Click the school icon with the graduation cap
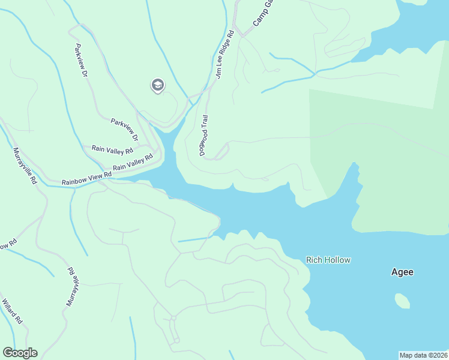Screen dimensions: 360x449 point(157,86)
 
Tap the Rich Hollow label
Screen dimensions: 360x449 point(328,260)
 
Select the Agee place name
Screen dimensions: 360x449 point(402,272)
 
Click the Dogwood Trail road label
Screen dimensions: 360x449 point(203,136)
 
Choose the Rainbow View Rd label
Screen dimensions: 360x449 point(87,178)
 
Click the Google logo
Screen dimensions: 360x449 point(20,353)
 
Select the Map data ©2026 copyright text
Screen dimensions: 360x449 point(423,355)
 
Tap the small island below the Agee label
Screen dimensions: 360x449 point(402,301)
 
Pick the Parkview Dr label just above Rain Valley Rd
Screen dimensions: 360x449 point(125,129)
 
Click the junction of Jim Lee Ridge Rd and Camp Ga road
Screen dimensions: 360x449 point(242,35)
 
